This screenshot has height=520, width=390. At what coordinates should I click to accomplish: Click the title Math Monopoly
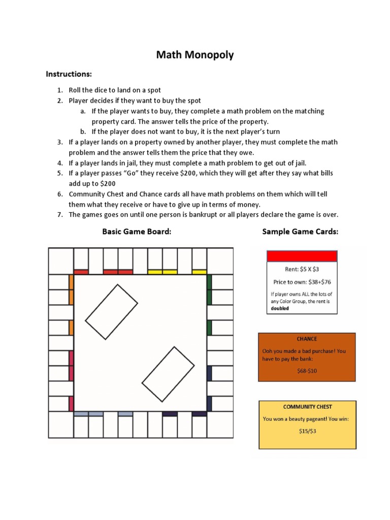pyautogui.click(x=195, y=55)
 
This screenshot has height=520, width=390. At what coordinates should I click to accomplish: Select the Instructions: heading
pyautogui.click(x=69, y=74)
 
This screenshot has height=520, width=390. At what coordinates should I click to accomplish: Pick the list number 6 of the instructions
pyautogui.click(x=59, y=194)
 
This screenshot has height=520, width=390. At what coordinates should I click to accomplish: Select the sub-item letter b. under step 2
pyautogui.click(x=83, y=132)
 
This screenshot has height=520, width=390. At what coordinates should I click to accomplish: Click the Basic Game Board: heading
pyautogui.click(x=137, y=232)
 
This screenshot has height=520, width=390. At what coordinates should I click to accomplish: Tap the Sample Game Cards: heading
pyautogui.click(x=300, y=232)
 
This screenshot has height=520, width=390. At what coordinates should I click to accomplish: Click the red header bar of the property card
pyautogui.click(x=302, y=256)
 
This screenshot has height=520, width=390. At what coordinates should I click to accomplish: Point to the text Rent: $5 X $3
pyautogui.click(x=302, y=270)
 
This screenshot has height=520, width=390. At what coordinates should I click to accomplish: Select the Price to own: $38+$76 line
pyautogui.click(x=302, y=282)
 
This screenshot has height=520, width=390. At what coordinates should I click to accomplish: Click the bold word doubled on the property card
pyautogui.click(x=280, y=308)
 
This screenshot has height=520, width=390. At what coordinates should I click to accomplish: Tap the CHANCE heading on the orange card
pyautogui.click(x=307, y=339)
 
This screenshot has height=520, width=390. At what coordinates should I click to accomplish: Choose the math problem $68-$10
pyautogui.click(x=307, y=371)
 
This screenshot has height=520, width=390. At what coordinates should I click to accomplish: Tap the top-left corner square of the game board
pyautogui.click(x=61, y=261)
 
